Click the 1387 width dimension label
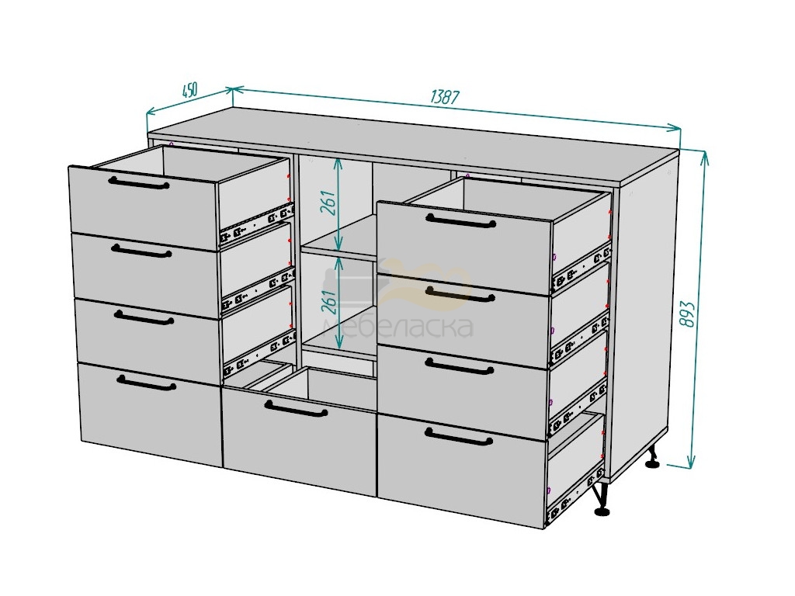[x=445, y=97]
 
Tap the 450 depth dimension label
[x=189, y=91]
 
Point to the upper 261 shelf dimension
[x=329, y=203]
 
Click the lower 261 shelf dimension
[x=329, y=302]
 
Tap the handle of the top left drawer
[x=139, y=182]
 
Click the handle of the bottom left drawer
[x=146, y=383]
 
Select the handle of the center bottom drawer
[x=296, y=408]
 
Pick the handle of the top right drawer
[x=461, y=220]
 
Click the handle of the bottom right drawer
[x=459, y=436]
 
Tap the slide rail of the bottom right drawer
[x=575, y=495]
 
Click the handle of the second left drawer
[x=141, y=251]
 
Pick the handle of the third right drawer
[x=460, y=366]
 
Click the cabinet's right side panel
[x=644, y=314]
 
